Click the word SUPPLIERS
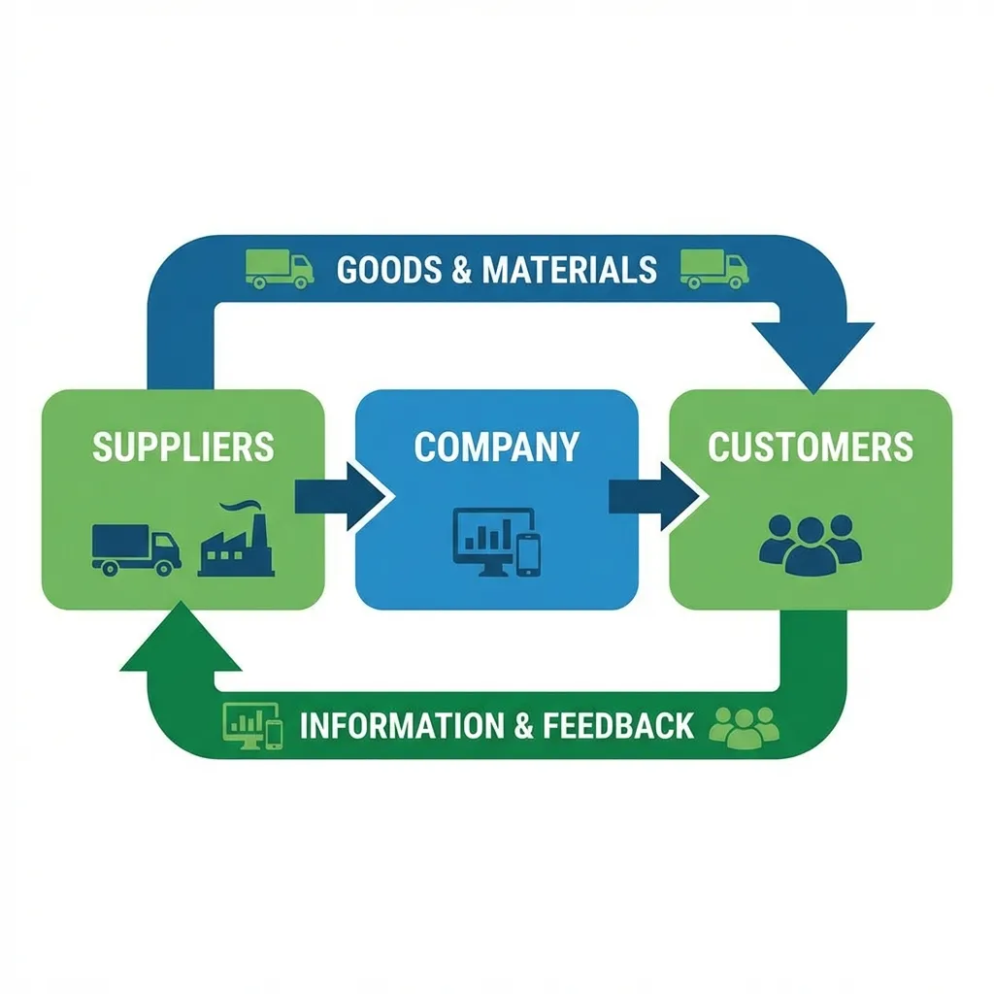pos(182,447)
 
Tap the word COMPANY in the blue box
pos(496,447)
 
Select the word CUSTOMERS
pos(811,447)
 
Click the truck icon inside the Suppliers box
pos(136,548)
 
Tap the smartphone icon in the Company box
pos(528,553)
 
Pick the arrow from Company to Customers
pos(652,496)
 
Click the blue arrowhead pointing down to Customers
pos(813,353)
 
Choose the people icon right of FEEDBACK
pos(745,726)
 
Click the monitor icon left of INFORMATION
pos(245,725)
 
